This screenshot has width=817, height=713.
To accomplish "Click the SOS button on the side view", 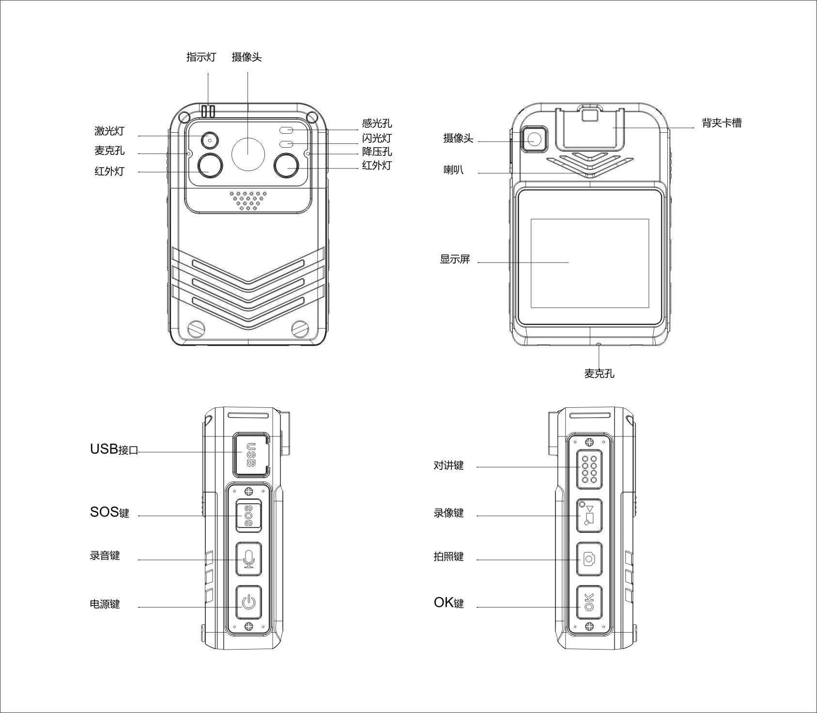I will pyautogui.click(x=248, y=516).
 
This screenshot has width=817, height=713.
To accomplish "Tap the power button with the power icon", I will pyautogui.click(x=248, y=602).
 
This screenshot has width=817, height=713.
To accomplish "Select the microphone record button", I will pyautogui.click(x=248, y=559).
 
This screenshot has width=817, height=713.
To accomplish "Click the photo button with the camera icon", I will pyautogui.click(x=589, y=559).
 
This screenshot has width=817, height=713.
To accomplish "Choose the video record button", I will pyautogui.click(x=589, y=515).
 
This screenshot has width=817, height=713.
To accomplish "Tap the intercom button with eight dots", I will pyautogui.click(x=589, y=469).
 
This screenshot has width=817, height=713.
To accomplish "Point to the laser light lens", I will pyautogui.click(x=210, y=139).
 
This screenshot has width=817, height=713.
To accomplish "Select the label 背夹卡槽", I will pyautogui.click(x=722, y=123).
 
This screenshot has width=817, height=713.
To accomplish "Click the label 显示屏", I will pyautogui.click(x=455, y=259).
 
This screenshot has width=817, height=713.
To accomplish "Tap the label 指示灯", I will pyautogui.click(x=201, y=57).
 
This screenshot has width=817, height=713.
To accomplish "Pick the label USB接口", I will pyautogui.click(x=114, y=449).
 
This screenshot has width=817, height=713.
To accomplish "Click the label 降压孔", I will pyautogui.click(x=377, y=152).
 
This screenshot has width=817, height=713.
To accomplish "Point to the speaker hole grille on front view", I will pyautogui.click(x=248, y=200).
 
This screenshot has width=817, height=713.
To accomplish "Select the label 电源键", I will pyautogui.click(x=105, y=604).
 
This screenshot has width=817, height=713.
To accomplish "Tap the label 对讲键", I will pyautogui.click(x=448, y=465).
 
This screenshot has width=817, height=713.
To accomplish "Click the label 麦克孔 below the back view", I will pyautogui.click(x=599, y=373).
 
